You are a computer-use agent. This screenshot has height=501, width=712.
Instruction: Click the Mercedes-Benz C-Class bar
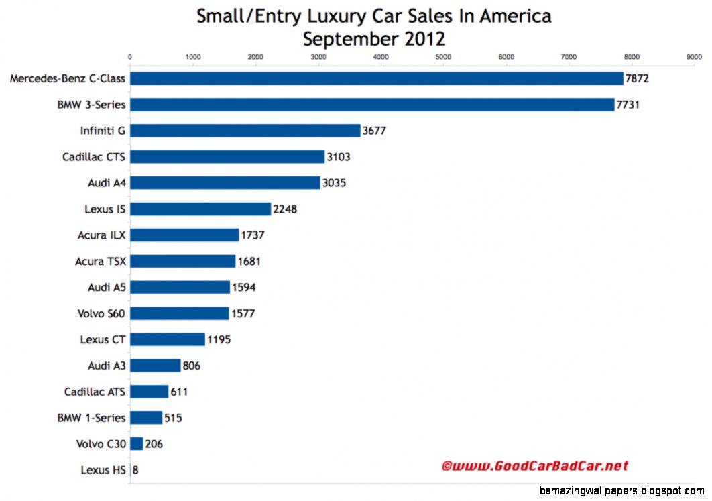(x=376, y=78)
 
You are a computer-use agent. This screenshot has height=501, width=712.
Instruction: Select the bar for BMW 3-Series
(x=371, y=105)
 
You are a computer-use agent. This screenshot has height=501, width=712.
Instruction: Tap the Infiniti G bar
(x=245, y=131)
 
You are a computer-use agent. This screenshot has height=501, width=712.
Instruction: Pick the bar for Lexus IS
(x=200, y=209)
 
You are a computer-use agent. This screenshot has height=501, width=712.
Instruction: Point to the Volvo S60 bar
(x=179, y=313)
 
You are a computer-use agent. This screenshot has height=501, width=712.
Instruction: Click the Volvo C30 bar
(x=136, y=444)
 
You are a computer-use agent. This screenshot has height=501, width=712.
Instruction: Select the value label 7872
(x=638, y=79)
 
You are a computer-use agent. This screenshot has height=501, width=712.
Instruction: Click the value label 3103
(x=339, y=157)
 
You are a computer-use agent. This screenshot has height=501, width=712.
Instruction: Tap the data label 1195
(x=219, y=339)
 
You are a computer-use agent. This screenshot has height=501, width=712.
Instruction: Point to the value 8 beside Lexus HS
(x=135, y=470)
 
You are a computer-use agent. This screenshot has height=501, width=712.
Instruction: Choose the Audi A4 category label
(x=106, y=182)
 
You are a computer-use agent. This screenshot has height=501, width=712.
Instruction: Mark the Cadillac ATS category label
(x=95, y=392)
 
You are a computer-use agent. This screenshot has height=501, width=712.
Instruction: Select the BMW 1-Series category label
(x=91, y=418)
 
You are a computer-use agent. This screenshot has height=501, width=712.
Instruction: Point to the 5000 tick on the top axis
(x=443, y=58)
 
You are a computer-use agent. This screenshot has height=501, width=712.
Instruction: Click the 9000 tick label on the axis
(x=694, y=58)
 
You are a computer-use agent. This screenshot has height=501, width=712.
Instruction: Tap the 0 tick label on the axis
(x=129, y=58)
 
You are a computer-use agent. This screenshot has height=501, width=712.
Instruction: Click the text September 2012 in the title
(x=373, y=39)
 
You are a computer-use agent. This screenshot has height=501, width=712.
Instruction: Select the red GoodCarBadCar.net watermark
(x=534, y=465)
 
